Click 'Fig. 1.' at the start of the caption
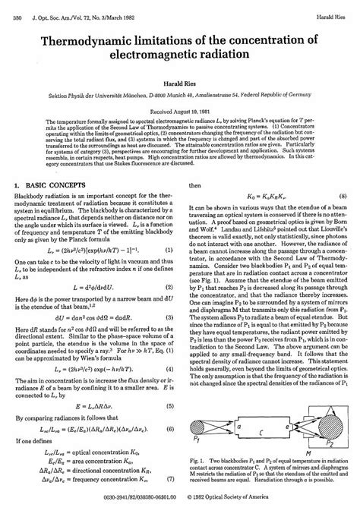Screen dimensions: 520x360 [x=197, y=462]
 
